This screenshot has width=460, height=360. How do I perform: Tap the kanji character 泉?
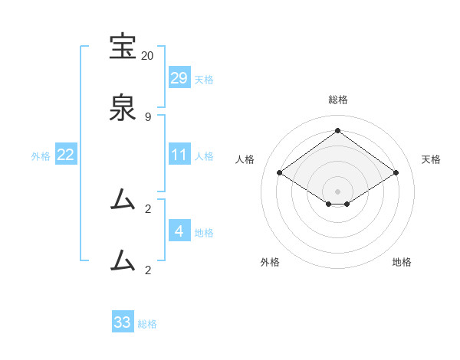pos(123,108)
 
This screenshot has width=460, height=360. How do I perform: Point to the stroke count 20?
pos(147,56)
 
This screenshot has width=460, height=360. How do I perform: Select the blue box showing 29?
pos(179,78)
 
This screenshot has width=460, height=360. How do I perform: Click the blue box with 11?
pos(179,155)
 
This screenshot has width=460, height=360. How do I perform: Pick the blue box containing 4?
pos(179,231)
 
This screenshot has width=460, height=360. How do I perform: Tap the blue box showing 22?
pos(66,155)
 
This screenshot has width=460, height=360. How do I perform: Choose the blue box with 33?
pos(123,322)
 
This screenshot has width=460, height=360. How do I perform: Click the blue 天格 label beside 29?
pos(204,80)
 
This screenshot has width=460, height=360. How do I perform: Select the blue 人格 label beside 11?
pos(204,156)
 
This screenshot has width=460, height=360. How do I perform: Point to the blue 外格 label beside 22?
pos(41,156)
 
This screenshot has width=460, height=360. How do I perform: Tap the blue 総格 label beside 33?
pos(147,324)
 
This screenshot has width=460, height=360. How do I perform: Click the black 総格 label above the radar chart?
pos(337,100)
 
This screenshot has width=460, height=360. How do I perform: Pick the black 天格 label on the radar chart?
pos(432,159)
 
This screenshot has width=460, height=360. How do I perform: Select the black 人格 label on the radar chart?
pos(245,159)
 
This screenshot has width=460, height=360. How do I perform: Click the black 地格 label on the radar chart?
pos(402,262)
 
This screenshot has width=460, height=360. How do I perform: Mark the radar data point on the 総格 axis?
pos(337,131)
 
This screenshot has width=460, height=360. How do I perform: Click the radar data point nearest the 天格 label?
pos(396,173)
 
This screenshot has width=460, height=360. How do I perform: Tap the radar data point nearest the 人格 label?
pos(280,173)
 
